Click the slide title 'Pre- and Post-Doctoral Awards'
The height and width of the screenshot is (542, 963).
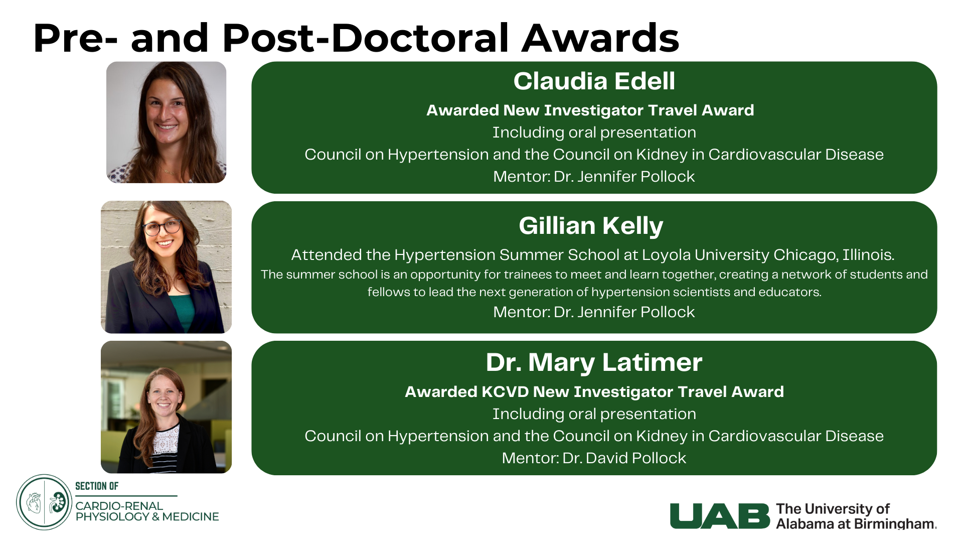(356, 38)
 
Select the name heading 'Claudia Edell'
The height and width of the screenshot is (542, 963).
(594, 81)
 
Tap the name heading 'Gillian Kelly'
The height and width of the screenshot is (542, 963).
(591, 226)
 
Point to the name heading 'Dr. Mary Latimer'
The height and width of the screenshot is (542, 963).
(594, 362)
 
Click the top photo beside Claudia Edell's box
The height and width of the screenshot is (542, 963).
(167, 122)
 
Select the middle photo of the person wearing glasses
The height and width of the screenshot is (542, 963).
(167, 267)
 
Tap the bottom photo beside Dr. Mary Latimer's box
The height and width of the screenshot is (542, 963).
(167, 407)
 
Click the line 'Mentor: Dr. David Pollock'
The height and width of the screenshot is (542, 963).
(594, 458)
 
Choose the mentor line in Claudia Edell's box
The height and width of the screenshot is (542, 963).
(594, 177)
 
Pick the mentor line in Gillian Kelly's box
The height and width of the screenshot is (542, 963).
(594, 312)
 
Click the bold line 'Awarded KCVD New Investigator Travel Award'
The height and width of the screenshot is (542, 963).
(594, 392)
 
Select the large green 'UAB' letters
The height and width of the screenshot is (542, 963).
(720, 516)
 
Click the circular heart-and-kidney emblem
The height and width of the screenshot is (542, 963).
(44, 502)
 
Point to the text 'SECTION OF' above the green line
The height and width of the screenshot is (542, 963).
(97, 486)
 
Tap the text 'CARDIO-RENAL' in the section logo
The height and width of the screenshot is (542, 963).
(119, 506)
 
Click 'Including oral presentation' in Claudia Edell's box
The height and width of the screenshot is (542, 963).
(594, 132)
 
